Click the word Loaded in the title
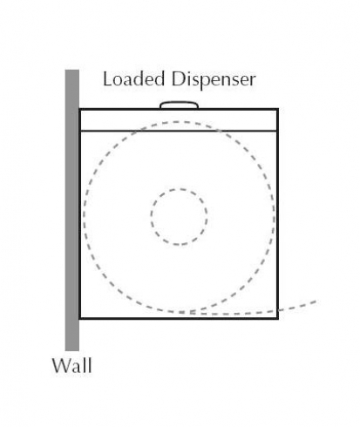click(133, 79)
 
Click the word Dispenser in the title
click(214, 80)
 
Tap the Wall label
click(71, 366)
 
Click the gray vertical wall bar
click(72, 210)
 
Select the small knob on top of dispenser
click(180, 105)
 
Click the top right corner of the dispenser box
click(278, 109)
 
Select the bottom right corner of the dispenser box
click(278, 318)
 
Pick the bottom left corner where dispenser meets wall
click(79, 318)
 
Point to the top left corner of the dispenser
click(79, 109)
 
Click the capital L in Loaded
click(108, 79)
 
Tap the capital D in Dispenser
click(178, 79)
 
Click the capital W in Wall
click(62, 366)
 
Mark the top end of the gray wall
click(72, 70)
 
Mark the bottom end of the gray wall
click(72, 350)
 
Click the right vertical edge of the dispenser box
click(278, 213)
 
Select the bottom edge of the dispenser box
click(179, 318)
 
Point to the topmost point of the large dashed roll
click(179, 122)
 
